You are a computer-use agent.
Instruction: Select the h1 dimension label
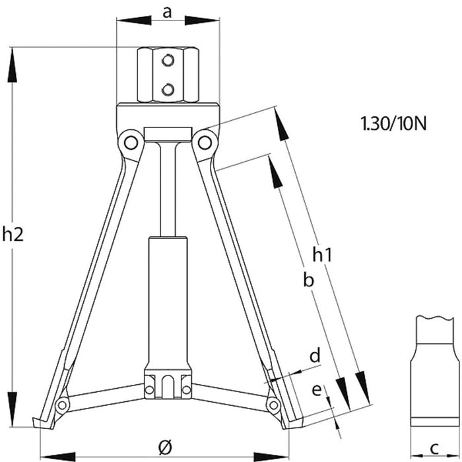click(321, 253)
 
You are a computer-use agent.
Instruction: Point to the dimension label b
click(307, 280)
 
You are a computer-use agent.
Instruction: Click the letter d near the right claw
click(315, 356)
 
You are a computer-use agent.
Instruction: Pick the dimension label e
click(317, 390)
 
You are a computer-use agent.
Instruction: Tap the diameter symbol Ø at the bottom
click(166, 446)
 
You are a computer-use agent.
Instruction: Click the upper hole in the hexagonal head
click(168, 62)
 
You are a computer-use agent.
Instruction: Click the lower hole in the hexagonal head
click(168, 88)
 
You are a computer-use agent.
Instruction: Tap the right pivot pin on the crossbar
click(206, 141)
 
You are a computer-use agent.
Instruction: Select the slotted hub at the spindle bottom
click(168, 386)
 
